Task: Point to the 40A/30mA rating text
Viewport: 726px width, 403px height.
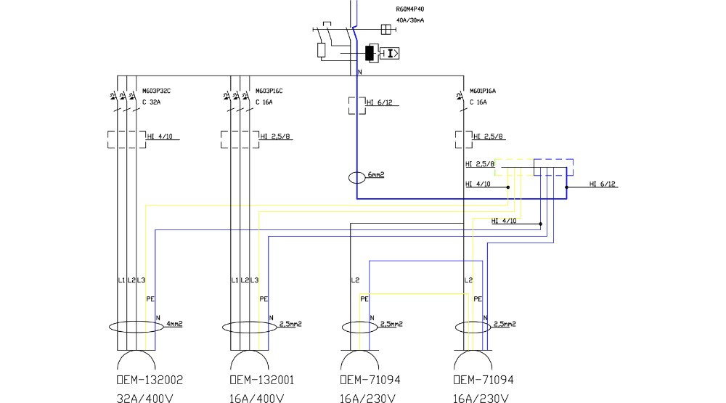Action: [410, 20]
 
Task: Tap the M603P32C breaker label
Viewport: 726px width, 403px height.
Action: [156, 91]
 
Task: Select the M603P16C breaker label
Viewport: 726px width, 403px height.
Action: [269, 91]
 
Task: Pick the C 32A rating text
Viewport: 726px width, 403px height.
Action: [151, 102]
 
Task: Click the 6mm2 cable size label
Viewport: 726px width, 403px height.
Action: [375, 175]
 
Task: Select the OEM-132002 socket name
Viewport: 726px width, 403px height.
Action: [150, 380]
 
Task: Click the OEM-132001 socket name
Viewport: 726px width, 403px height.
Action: [263, 380]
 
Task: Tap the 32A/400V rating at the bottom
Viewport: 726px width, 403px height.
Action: [146, 397]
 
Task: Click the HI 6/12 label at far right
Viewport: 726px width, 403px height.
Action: [603, 184]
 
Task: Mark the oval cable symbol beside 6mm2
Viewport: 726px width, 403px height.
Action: [356, 177]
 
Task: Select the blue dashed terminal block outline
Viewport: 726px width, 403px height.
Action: [553, 167]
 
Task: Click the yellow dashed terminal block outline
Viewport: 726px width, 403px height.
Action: [514, 167]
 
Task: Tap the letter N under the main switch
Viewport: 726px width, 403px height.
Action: [359, 72]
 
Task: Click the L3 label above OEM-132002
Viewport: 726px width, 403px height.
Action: [141, 280]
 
